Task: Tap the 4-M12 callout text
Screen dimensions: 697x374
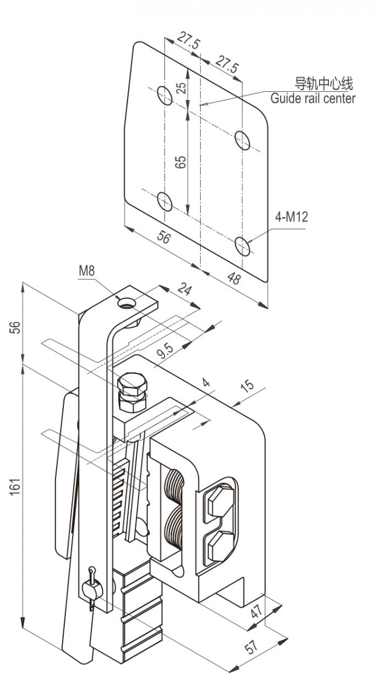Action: [291, 217]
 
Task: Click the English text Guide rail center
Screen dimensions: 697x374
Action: [312, 98]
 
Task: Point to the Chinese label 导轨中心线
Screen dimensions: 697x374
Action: [324, 84]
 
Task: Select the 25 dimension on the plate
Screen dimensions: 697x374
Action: [183, 88]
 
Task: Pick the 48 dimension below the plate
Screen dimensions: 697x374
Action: [234, 278]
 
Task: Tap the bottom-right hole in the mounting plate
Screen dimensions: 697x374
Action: [243, 245]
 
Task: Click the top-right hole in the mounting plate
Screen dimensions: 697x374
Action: [243, 139]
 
